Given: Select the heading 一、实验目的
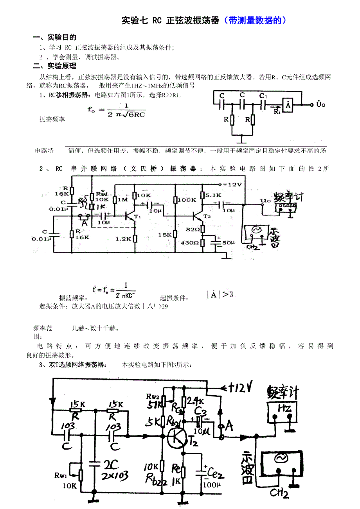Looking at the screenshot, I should pos(54,38).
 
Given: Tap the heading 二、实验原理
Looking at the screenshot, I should pos(54,66).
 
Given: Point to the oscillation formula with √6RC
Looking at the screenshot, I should pos(116,110).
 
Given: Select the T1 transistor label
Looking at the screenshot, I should pos(137,217).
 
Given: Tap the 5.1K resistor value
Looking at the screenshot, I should pos(214,195).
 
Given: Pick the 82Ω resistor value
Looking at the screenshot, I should pos(192,229).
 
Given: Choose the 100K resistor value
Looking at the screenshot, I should pos(187,200).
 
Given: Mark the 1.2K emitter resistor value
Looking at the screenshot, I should pos(123,239).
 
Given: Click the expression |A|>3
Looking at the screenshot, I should pos(220,294).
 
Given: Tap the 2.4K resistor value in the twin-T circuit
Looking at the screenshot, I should pos(196,400).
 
